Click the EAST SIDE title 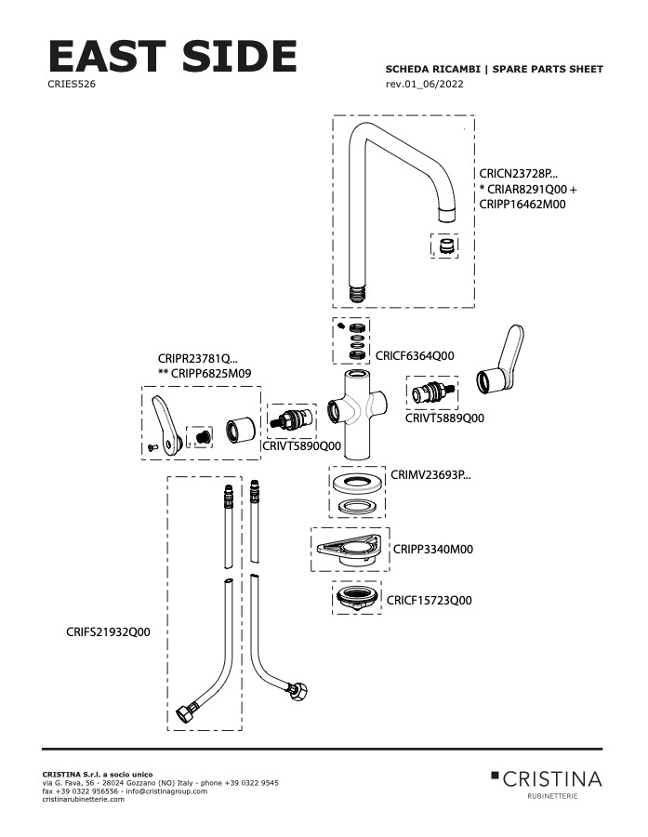(172, 56)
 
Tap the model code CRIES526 (72, 84)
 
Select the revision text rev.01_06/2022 (424, 84)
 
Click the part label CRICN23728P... (518, 174)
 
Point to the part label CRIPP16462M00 (522, 204)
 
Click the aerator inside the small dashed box (445, 246)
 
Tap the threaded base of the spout (357, 294)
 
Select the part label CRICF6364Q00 (415, 355)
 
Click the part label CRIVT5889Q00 (444, 418)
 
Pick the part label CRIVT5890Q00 (301, 445)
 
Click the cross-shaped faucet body (357, 414)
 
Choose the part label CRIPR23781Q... (198, 358)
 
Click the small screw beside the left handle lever (152, 446)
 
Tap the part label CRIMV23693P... (430, 474)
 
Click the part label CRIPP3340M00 (433, 549)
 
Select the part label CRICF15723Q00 (430, 601)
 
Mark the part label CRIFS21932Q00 (109, 632)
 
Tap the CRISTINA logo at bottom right (547, 779)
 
